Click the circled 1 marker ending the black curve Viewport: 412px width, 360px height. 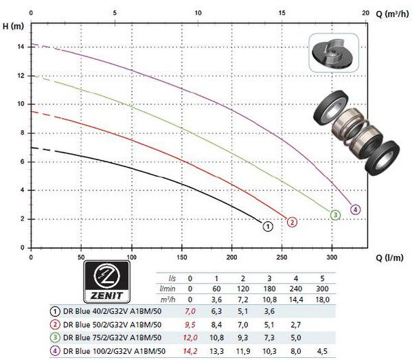pos(268,227)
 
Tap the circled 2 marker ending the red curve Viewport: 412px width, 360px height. pos(292,222)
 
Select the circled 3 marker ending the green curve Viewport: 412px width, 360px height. pos(335,215)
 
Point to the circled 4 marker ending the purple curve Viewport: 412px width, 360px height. pos(355,210)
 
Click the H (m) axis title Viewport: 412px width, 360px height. pos(13,26)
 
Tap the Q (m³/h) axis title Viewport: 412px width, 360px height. pos(393,14)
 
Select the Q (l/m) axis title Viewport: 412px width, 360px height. pos(389,258)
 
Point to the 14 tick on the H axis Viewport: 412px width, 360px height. pos(21,47)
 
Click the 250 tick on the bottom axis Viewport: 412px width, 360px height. pos(282,257)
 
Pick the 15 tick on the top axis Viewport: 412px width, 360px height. pos(282,13)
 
